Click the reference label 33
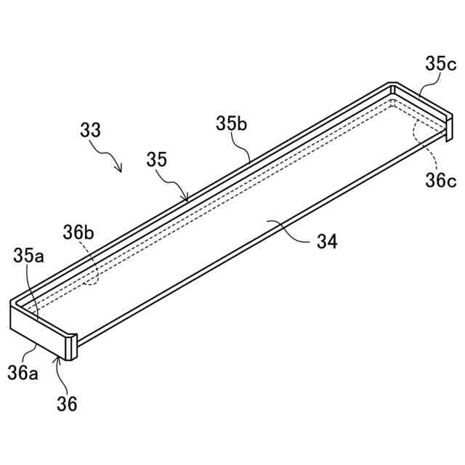point(91,131)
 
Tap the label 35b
point(232,124)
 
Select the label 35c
point(441,65)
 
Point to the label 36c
point(441,179)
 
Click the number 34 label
point(326,242)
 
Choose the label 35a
point(28,256)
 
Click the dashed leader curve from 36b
point(92,265)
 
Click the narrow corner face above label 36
point(70,347)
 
